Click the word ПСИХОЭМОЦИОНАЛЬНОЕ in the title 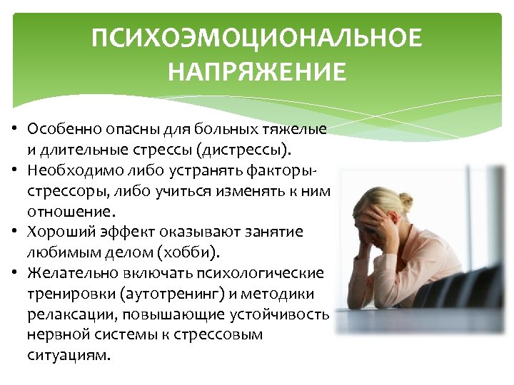click(256, 39)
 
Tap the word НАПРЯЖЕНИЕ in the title click(256, 72)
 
